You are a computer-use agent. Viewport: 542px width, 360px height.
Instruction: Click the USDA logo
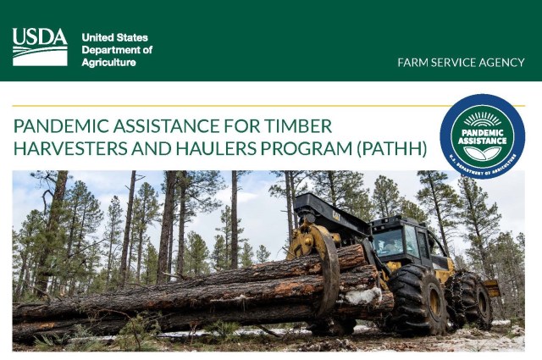tap(40, 47)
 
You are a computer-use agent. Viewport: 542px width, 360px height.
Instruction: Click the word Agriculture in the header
tap(108, 63)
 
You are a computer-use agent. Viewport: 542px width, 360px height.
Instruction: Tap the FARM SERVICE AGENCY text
tap(461, 63)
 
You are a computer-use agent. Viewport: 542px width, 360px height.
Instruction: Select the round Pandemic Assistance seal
tap(482, 136)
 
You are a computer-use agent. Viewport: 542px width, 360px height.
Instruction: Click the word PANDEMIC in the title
tap(58, 127)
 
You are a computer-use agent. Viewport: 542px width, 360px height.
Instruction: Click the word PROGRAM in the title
tap(284, 150)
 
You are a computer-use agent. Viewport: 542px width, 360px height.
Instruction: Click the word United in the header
tap(97, 38)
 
